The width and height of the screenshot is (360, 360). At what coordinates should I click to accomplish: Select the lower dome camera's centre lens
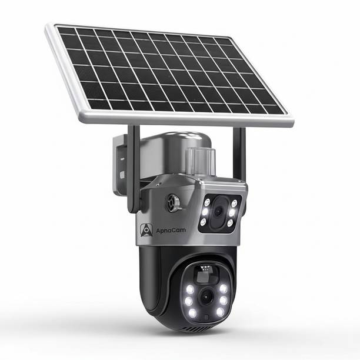click(205, 296)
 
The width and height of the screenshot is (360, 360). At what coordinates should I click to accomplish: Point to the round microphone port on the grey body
click(174, 203)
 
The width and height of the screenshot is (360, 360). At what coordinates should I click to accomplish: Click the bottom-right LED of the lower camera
click(220, 312)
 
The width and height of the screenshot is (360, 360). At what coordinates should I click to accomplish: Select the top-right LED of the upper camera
click(234, 203)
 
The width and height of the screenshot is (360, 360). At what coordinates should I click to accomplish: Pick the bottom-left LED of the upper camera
click(203, 222)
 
